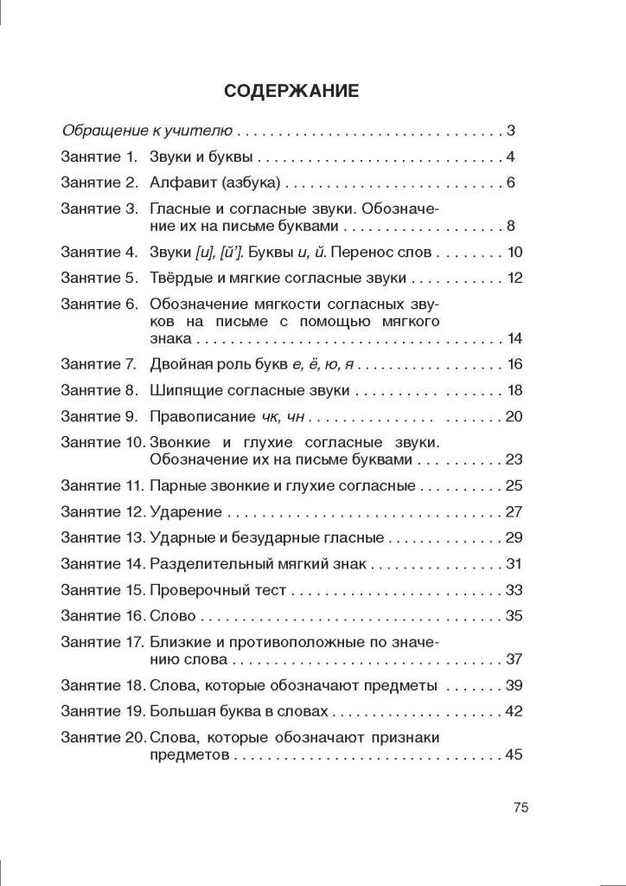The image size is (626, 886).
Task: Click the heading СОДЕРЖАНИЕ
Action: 291,90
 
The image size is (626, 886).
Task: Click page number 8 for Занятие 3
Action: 511,227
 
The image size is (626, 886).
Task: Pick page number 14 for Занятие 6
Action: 515,338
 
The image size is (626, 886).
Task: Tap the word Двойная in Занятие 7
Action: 177,364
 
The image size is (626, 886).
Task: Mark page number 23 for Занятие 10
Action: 514,459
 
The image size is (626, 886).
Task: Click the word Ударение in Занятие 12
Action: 185,511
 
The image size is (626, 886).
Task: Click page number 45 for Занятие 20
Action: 514,754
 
